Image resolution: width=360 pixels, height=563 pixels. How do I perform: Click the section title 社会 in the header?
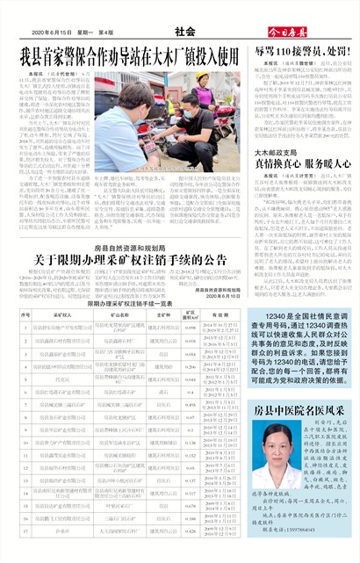click(184, 32)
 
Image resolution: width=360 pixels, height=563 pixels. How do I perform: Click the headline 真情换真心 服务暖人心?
click(304, 163)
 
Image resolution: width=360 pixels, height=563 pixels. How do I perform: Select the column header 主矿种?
click(164, 314)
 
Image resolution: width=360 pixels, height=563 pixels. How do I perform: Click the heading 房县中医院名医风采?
click(303, 385)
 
